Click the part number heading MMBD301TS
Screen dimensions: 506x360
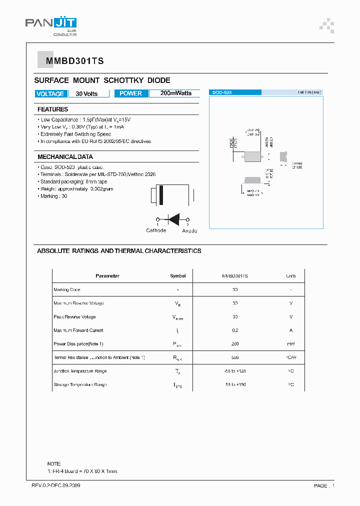coord(74,61)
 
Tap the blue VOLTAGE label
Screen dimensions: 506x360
coord(50,93)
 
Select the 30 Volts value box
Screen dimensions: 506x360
coord(86,93)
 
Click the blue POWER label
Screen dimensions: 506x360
coord(131,93)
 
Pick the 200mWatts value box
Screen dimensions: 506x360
coord(175,93)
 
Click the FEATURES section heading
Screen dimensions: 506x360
coord(52,109)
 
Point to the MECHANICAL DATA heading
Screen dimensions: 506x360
coord(65,157)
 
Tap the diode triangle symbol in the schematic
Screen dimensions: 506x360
coord(174,219)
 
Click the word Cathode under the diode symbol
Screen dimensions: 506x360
coord(156,230)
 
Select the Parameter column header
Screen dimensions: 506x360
coord(107,276)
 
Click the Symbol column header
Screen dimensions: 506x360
coord(177,276)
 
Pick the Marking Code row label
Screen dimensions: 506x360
coord(67,289)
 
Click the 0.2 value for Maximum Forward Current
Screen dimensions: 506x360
coord(235,330)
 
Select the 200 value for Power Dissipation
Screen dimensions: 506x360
coord(235,344)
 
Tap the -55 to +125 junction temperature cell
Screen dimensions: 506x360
coord(235,371)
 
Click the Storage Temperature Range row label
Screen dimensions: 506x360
coord(80,384)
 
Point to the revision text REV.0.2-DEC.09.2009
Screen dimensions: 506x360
coord(55,485)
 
